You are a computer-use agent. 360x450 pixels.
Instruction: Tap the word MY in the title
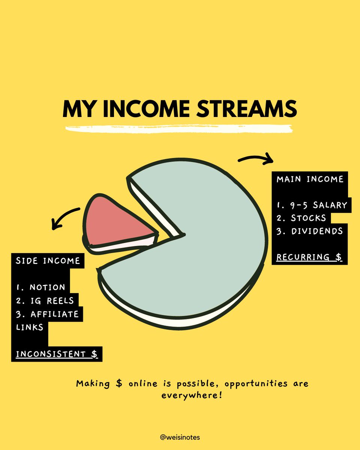(x=76, y=109)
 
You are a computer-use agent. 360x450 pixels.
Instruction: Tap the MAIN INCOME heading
(x=310, y=179)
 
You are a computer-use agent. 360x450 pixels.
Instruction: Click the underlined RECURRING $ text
(x=309, y=257)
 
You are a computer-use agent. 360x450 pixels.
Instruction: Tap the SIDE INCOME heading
(x=48, y=261)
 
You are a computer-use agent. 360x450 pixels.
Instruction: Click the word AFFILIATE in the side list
(x=54, y=313)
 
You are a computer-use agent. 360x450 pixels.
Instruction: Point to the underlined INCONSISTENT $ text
(x=56, y=354)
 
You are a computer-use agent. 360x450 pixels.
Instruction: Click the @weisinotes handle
(x=180, y=437)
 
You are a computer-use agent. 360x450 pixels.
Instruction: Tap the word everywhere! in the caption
(x=191, y=395)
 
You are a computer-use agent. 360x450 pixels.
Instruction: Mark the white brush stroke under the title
(x=179, y=128)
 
